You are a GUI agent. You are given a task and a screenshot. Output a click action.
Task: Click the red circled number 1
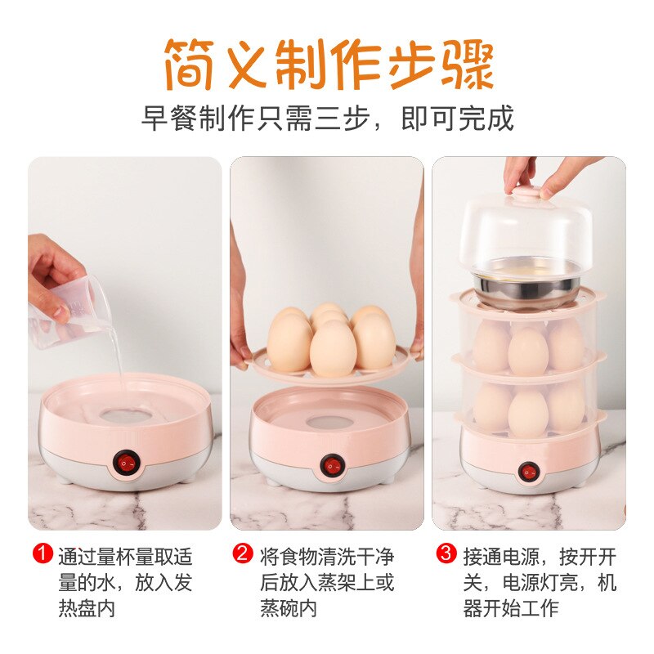[x=43, y=555]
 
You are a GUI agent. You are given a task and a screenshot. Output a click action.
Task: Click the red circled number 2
[x=243, y=555]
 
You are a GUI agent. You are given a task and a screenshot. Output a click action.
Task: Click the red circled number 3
[x=445, y=555]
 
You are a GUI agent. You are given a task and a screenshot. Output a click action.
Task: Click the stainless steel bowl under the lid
[x=528, y=288]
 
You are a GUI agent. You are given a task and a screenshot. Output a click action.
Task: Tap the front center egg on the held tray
[x=333, y=349]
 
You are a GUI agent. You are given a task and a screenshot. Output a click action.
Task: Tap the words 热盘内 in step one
[x=87, y=609]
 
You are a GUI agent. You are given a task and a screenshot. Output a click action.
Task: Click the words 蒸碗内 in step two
[x=289, y=609]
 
